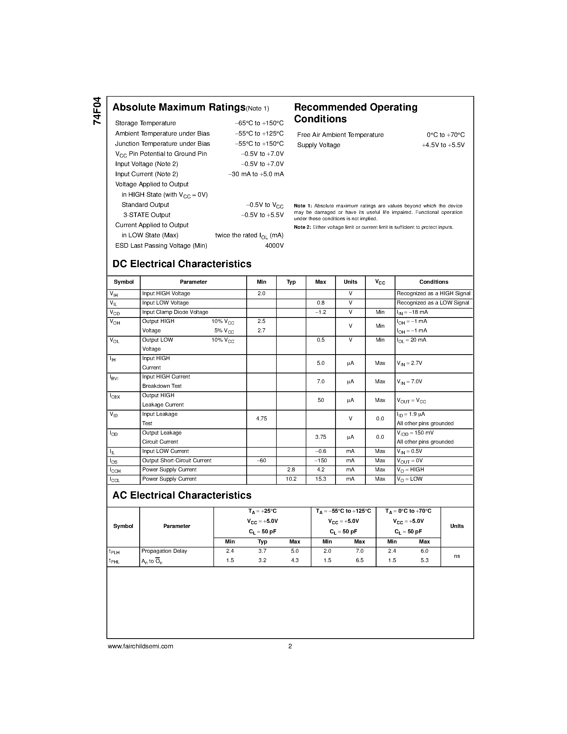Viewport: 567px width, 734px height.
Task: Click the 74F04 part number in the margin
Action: point(97,111)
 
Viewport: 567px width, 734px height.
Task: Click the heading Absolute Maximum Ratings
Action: point(179,107)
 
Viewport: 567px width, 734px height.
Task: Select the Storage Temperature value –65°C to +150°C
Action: point(259,123)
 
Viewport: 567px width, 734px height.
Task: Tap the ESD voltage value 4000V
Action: point(274,246)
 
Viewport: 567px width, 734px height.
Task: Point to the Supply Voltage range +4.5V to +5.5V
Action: point(443,145)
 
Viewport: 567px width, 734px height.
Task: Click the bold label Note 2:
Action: point(302,227)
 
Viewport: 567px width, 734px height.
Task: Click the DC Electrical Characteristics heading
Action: point(182,264)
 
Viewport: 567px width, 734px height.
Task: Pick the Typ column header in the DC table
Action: point(291,282)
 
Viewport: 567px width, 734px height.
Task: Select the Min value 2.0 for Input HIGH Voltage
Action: point(261,293)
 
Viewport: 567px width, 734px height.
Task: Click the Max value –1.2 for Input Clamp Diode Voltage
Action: point(320,312)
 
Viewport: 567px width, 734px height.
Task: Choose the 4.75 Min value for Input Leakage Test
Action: point(261,419)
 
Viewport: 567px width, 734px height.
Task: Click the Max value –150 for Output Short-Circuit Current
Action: point(320,460)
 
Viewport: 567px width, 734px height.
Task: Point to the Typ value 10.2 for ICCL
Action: point(291,479)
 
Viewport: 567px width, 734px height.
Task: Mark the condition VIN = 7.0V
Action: point(410,382)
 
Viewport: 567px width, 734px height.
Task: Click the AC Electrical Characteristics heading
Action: point(182,495)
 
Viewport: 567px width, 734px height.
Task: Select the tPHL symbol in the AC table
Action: point(114,561)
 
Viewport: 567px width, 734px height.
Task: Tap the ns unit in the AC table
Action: point(457,556)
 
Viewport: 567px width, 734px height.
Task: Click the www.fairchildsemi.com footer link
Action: point(140,646)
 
